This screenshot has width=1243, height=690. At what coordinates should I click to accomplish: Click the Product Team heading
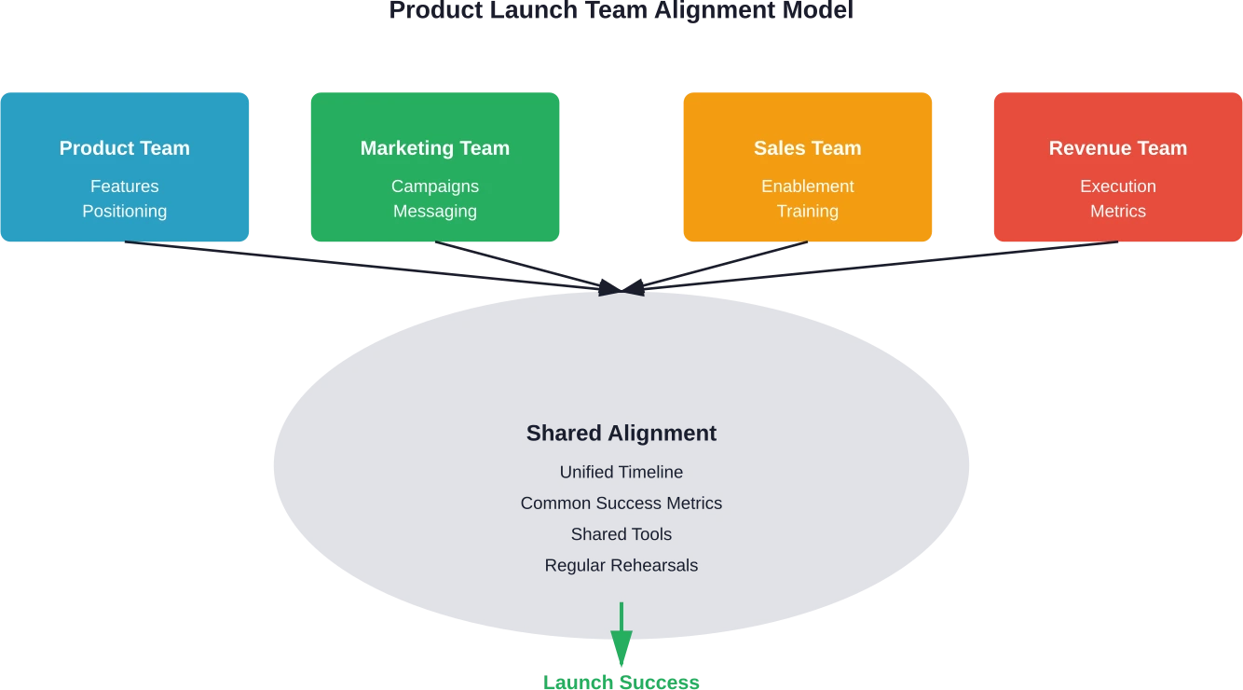click(x=124, y=148)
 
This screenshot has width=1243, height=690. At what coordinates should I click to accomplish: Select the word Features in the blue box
click(x=124, y=186)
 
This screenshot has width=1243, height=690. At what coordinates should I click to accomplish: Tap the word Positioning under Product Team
click(x=124, y=212)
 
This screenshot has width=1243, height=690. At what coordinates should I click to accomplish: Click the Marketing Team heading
click(x=435, y=148)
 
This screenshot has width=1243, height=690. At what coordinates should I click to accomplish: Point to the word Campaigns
click(x=435, y=186)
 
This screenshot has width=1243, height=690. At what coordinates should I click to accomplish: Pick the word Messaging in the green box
click(x=435, y=212)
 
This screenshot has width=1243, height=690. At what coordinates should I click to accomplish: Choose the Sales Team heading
click(x=807, y=148)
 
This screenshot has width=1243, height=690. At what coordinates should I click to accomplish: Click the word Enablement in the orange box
click(x=807, y=186)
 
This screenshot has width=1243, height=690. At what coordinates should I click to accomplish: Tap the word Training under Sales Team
click(x=807, y=212)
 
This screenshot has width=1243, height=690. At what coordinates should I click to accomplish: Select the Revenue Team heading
click(x=1117, y=148)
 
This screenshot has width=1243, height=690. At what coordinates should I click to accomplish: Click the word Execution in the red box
click(x=1117, y=186)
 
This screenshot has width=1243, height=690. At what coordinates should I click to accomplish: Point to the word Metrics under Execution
click(x=1117, y=212)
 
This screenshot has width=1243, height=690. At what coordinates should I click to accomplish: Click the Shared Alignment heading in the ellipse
click(x=621, y=434)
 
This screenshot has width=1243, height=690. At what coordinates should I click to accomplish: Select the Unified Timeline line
click(x=621, y=473)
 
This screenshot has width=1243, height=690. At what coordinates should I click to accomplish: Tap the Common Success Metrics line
click(x=621, y=504)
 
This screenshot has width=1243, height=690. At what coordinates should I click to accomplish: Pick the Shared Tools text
click(x=621, y=534)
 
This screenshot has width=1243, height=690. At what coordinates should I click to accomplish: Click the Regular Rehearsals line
click(x=621, y=566)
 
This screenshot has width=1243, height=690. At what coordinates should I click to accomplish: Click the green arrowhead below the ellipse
click(x=621, y=647)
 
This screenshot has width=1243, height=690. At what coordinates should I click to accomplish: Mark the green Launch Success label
click(x=621, y=682)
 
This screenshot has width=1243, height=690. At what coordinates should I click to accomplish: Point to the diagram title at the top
click(x=621, y=11)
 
